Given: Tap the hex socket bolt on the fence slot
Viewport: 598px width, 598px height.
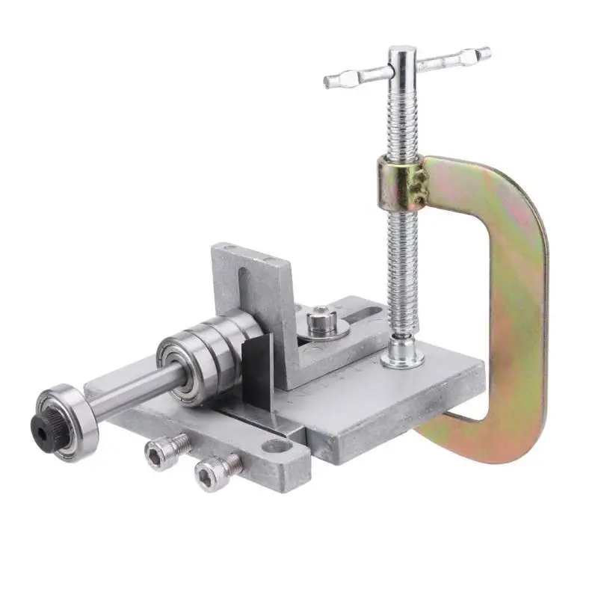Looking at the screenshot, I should (x=320, y=322).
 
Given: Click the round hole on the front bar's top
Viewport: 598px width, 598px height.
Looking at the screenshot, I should (x=276, y=448).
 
